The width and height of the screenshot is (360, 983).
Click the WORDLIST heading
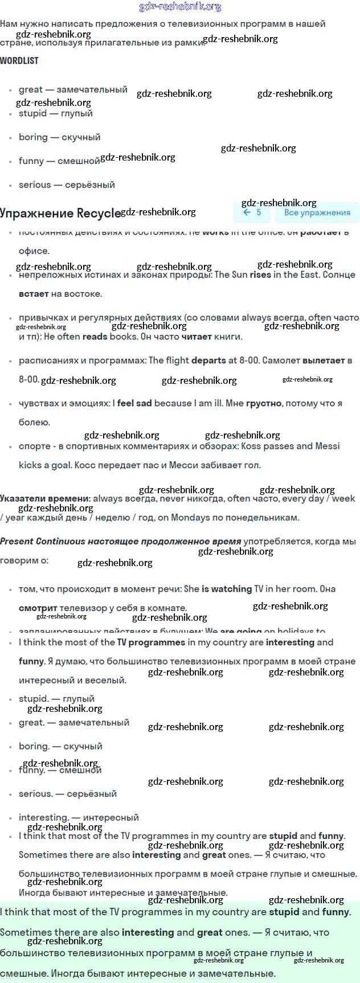[19, 60]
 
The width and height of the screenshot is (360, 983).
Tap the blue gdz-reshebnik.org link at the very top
[180, 7]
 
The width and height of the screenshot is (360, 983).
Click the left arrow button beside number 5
[247, 212]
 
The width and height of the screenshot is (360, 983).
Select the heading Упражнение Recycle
[60, 213]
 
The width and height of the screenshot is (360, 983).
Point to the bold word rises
[260, 275]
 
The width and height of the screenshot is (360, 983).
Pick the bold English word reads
[95, 337]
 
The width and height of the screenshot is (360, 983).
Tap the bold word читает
[196, 337]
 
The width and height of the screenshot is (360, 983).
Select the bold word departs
[208, 361]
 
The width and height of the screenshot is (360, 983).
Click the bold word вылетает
[324, 361]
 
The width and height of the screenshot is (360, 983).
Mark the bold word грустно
[264, 403]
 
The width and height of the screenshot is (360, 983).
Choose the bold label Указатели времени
[45, 498]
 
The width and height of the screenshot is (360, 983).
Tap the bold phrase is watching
[227, 589]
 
